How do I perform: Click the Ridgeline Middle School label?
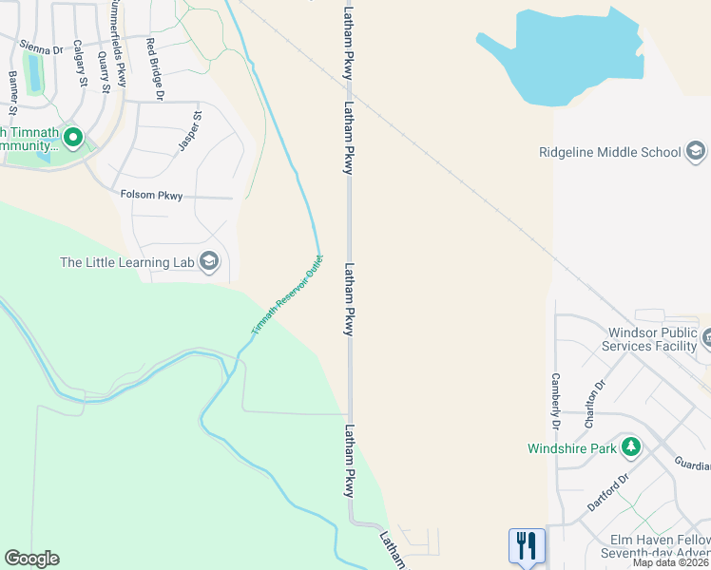(x=610, y=152)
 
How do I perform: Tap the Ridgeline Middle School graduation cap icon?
(x=696, y=151)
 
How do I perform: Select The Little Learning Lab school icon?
(x=210, y=261)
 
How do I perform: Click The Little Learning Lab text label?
(x=126, y=262)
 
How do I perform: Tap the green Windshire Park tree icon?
(x=629, y=446)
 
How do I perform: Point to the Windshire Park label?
(x=571, y=447)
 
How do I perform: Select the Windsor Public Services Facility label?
(x=656, y=339)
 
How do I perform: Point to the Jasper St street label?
(x=191, y=132)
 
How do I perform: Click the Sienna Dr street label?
(x=43, y=44)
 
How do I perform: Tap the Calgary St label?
(x=81, y=64)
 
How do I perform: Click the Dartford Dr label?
(x=608, y=493)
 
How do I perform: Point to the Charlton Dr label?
(x=595, y=404)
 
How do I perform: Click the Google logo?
(x=31, y=559)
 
